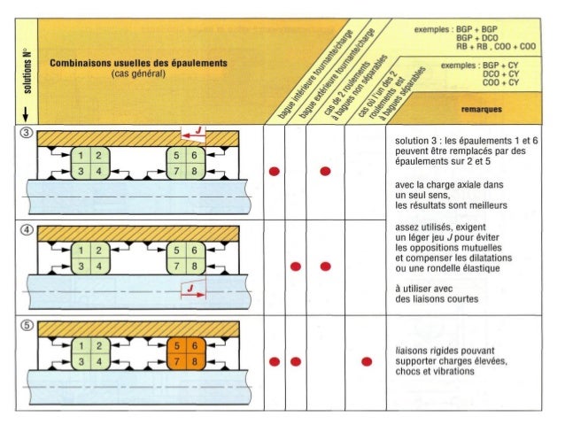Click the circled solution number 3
click(27, 134)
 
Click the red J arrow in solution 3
click(197, 134)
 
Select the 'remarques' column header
click(482, 110)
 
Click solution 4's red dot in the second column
click(296, 266)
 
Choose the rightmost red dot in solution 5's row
click(366, 361)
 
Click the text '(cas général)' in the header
click(138, 74)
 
